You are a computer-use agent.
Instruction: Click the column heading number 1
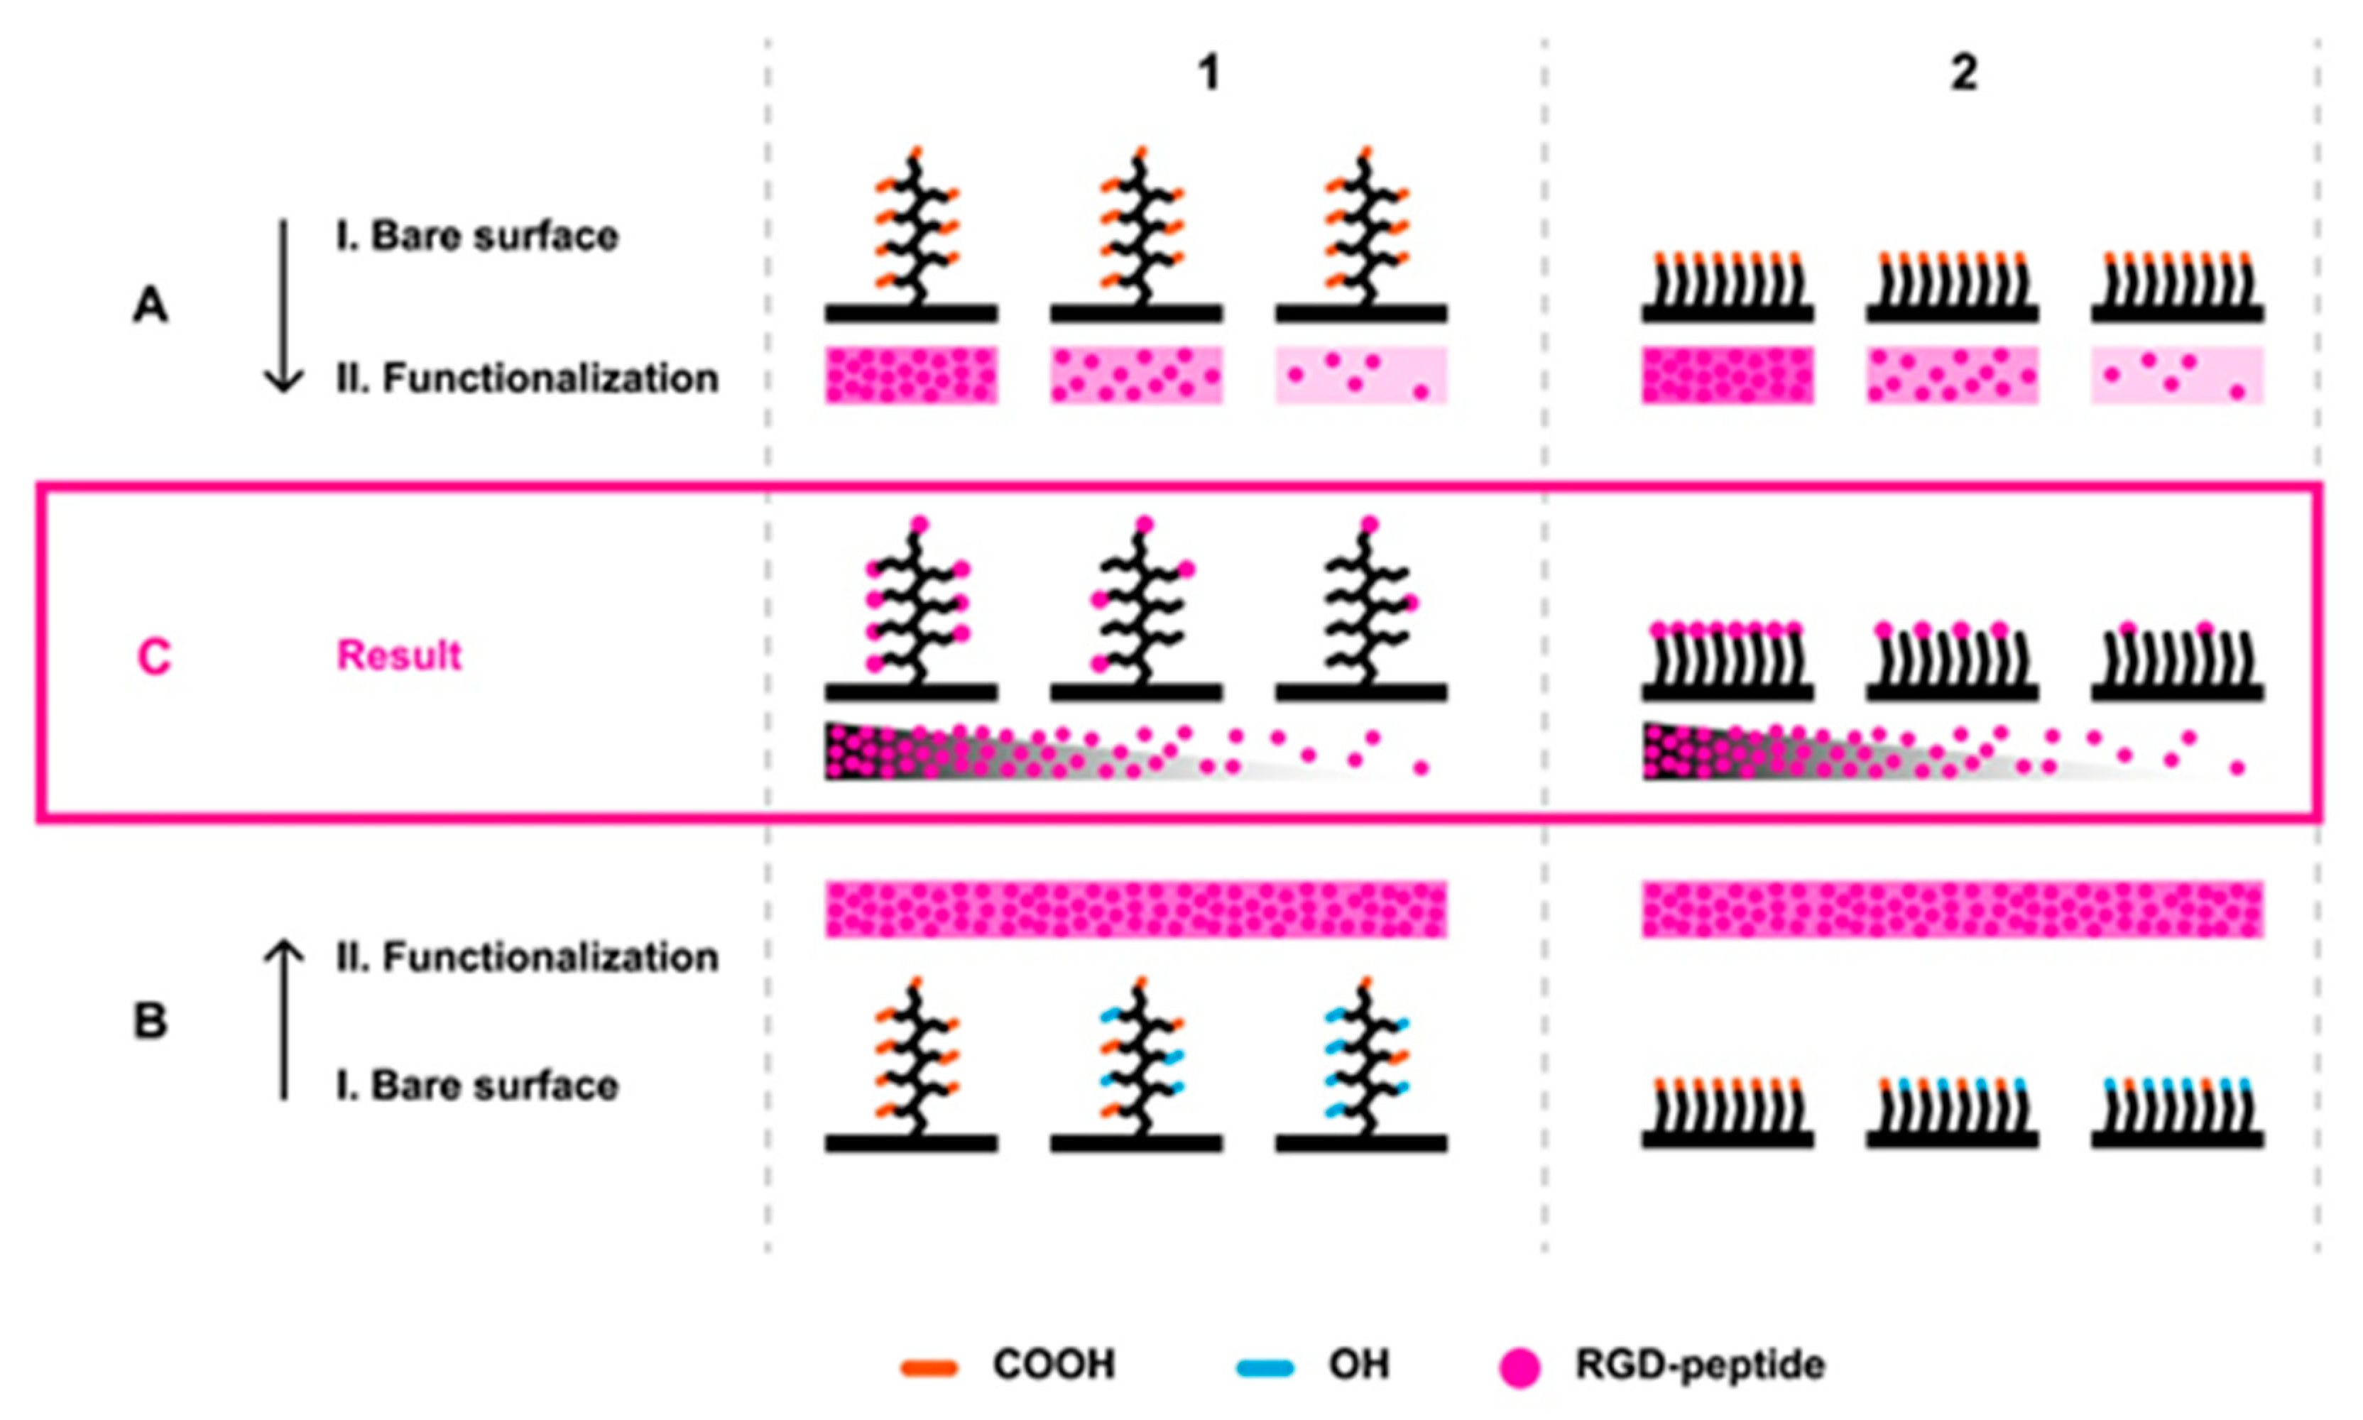1209,72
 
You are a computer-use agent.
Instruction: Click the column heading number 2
1963,72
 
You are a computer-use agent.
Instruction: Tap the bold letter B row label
151,1021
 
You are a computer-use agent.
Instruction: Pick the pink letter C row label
154,657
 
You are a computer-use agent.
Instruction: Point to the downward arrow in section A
283,306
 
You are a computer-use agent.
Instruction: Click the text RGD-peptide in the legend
1700,1365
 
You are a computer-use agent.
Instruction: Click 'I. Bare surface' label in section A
476,236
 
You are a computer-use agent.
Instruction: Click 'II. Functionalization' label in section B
526,958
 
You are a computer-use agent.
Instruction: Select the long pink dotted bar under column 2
1953,909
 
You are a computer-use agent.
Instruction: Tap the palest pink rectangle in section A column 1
1360,375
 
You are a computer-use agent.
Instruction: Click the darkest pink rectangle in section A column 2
1728,375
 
